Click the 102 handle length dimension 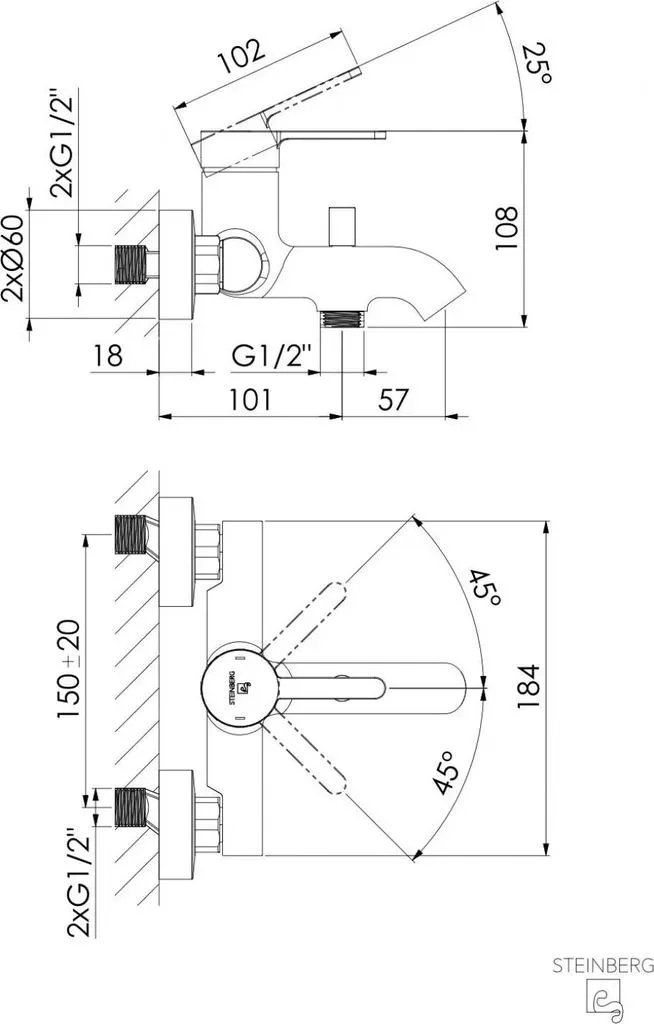(241, 56)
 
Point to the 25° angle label (538, 63)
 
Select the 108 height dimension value (506, 228)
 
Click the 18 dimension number (108, 356)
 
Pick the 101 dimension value (250, 399)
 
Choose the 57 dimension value (393, 399)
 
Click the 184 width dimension (528, 686)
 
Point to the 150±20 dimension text (69, 669)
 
